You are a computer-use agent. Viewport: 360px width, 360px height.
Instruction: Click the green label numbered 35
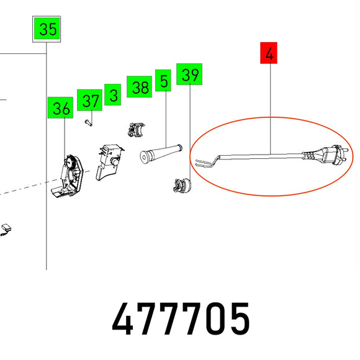[x=47, y=29]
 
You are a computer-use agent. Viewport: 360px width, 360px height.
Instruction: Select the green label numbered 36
[x=60, y=107]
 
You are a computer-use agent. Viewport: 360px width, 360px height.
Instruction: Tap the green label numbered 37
[x=90, y=100]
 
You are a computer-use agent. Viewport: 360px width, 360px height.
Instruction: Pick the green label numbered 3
[x=113, y=94]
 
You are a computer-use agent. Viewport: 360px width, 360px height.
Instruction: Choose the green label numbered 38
[x=140, y=86]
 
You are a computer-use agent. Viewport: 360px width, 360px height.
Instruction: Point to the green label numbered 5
[x=163, y=80]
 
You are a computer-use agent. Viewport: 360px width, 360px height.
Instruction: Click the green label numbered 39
[x=189, y=74]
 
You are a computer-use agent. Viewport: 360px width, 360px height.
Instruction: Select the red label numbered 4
[x=269, y=53]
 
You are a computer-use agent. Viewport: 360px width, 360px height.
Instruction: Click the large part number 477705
[x=181, y=318]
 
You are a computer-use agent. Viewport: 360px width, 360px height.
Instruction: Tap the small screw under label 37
[x=88, y=123]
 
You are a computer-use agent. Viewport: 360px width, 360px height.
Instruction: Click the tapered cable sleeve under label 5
[x=161, y=153]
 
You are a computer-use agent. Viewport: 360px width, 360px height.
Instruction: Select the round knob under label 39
[x=182, y=186]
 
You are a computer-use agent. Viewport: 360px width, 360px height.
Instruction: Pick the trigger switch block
[x=109, y=161]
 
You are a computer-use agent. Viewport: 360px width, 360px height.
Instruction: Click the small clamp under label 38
[x=136, y=130]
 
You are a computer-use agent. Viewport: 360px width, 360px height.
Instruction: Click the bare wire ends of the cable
[x=203, y=163]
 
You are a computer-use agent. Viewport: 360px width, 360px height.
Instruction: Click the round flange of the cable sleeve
[x=144, y=157]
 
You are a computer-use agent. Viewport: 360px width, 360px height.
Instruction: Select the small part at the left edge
[x=6, y=230]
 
